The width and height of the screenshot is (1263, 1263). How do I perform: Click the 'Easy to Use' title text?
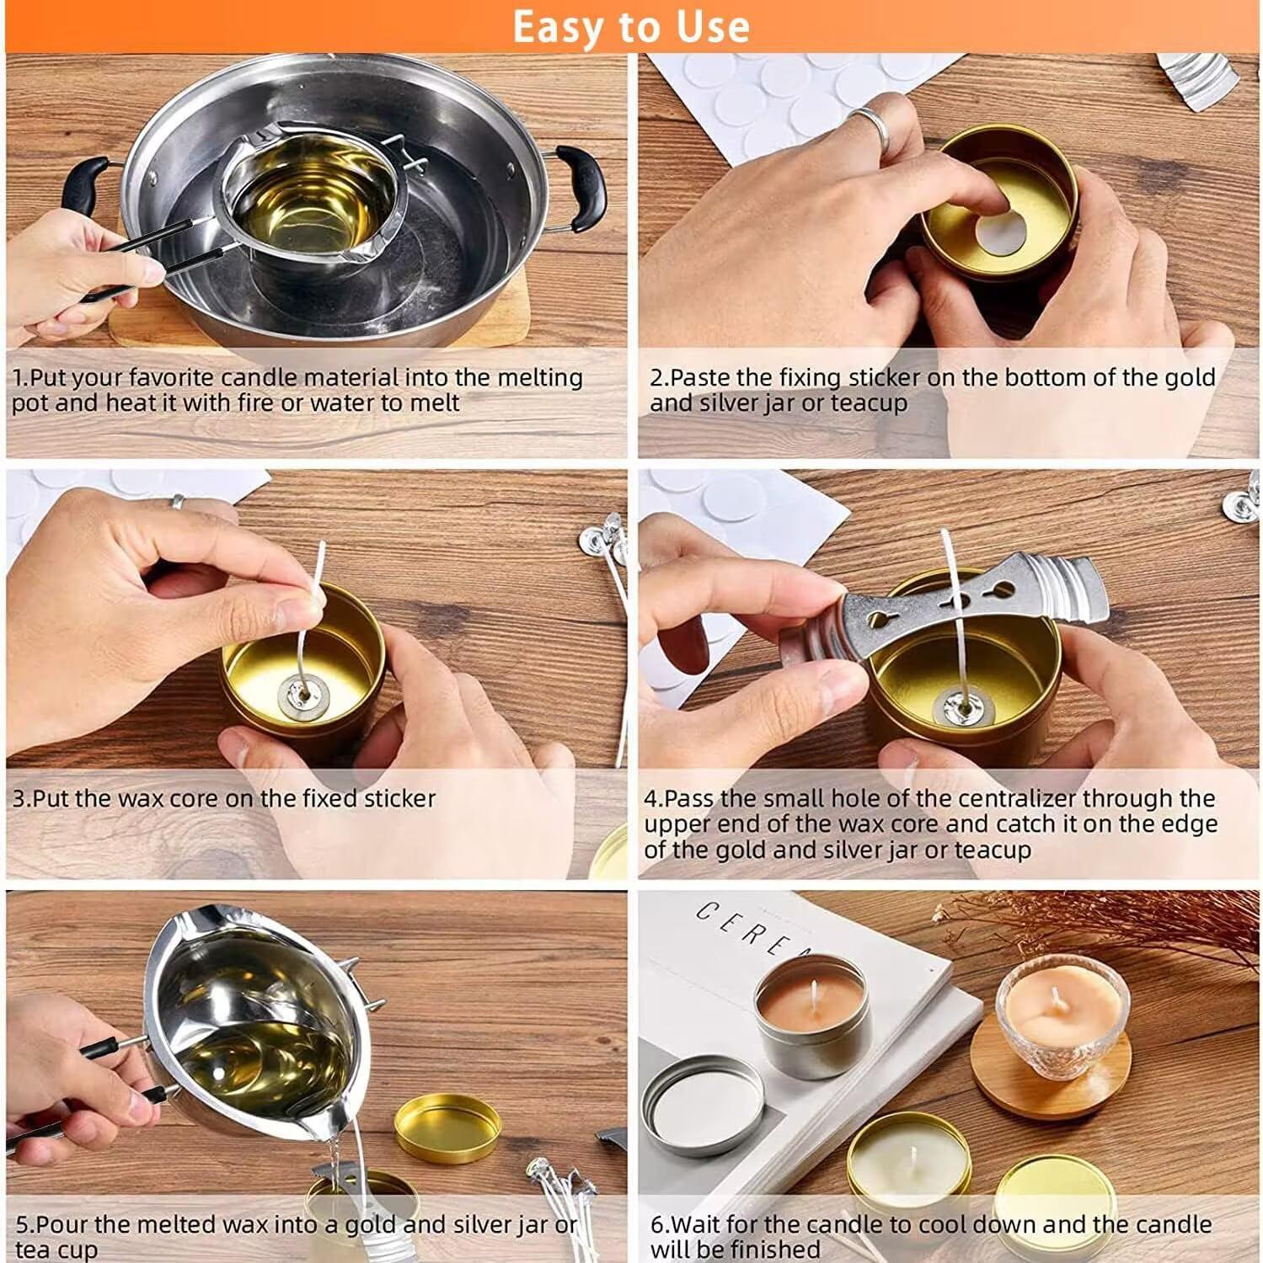[631, 26]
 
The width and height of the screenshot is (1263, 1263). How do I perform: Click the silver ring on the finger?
[873, 127]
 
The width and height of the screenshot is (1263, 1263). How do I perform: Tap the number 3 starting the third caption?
[18, 798]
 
